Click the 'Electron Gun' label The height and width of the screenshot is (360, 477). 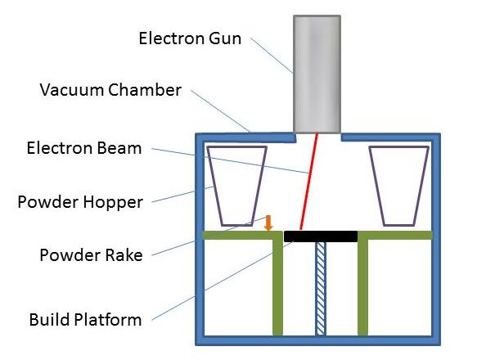190,38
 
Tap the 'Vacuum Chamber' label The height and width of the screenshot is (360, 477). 110,90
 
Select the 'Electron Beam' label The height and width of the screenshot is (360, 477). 84,148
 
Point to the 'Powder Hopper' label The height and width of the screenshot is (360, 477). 80,203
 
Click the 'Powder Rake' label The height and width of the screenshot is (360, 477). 91,255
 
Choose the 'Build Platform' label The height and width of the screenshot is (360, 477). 85,320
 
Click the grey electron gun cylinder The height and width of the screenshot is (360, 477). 317,74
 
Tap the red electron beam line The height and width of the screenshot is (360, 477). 308,182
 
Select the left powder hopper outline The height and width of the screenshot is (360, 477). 213,186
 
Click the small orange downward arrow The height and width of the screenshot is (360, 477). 268,223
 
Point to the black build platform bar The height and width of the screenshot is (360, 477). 321,236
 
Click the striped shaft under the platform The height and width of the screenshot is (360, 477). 321,289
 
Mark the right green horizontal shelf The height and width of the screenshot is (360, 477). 395,235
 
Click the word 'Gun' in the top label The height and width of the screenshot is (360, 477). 225,38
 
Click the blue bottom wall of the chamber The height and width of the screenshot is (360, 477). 318,340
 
